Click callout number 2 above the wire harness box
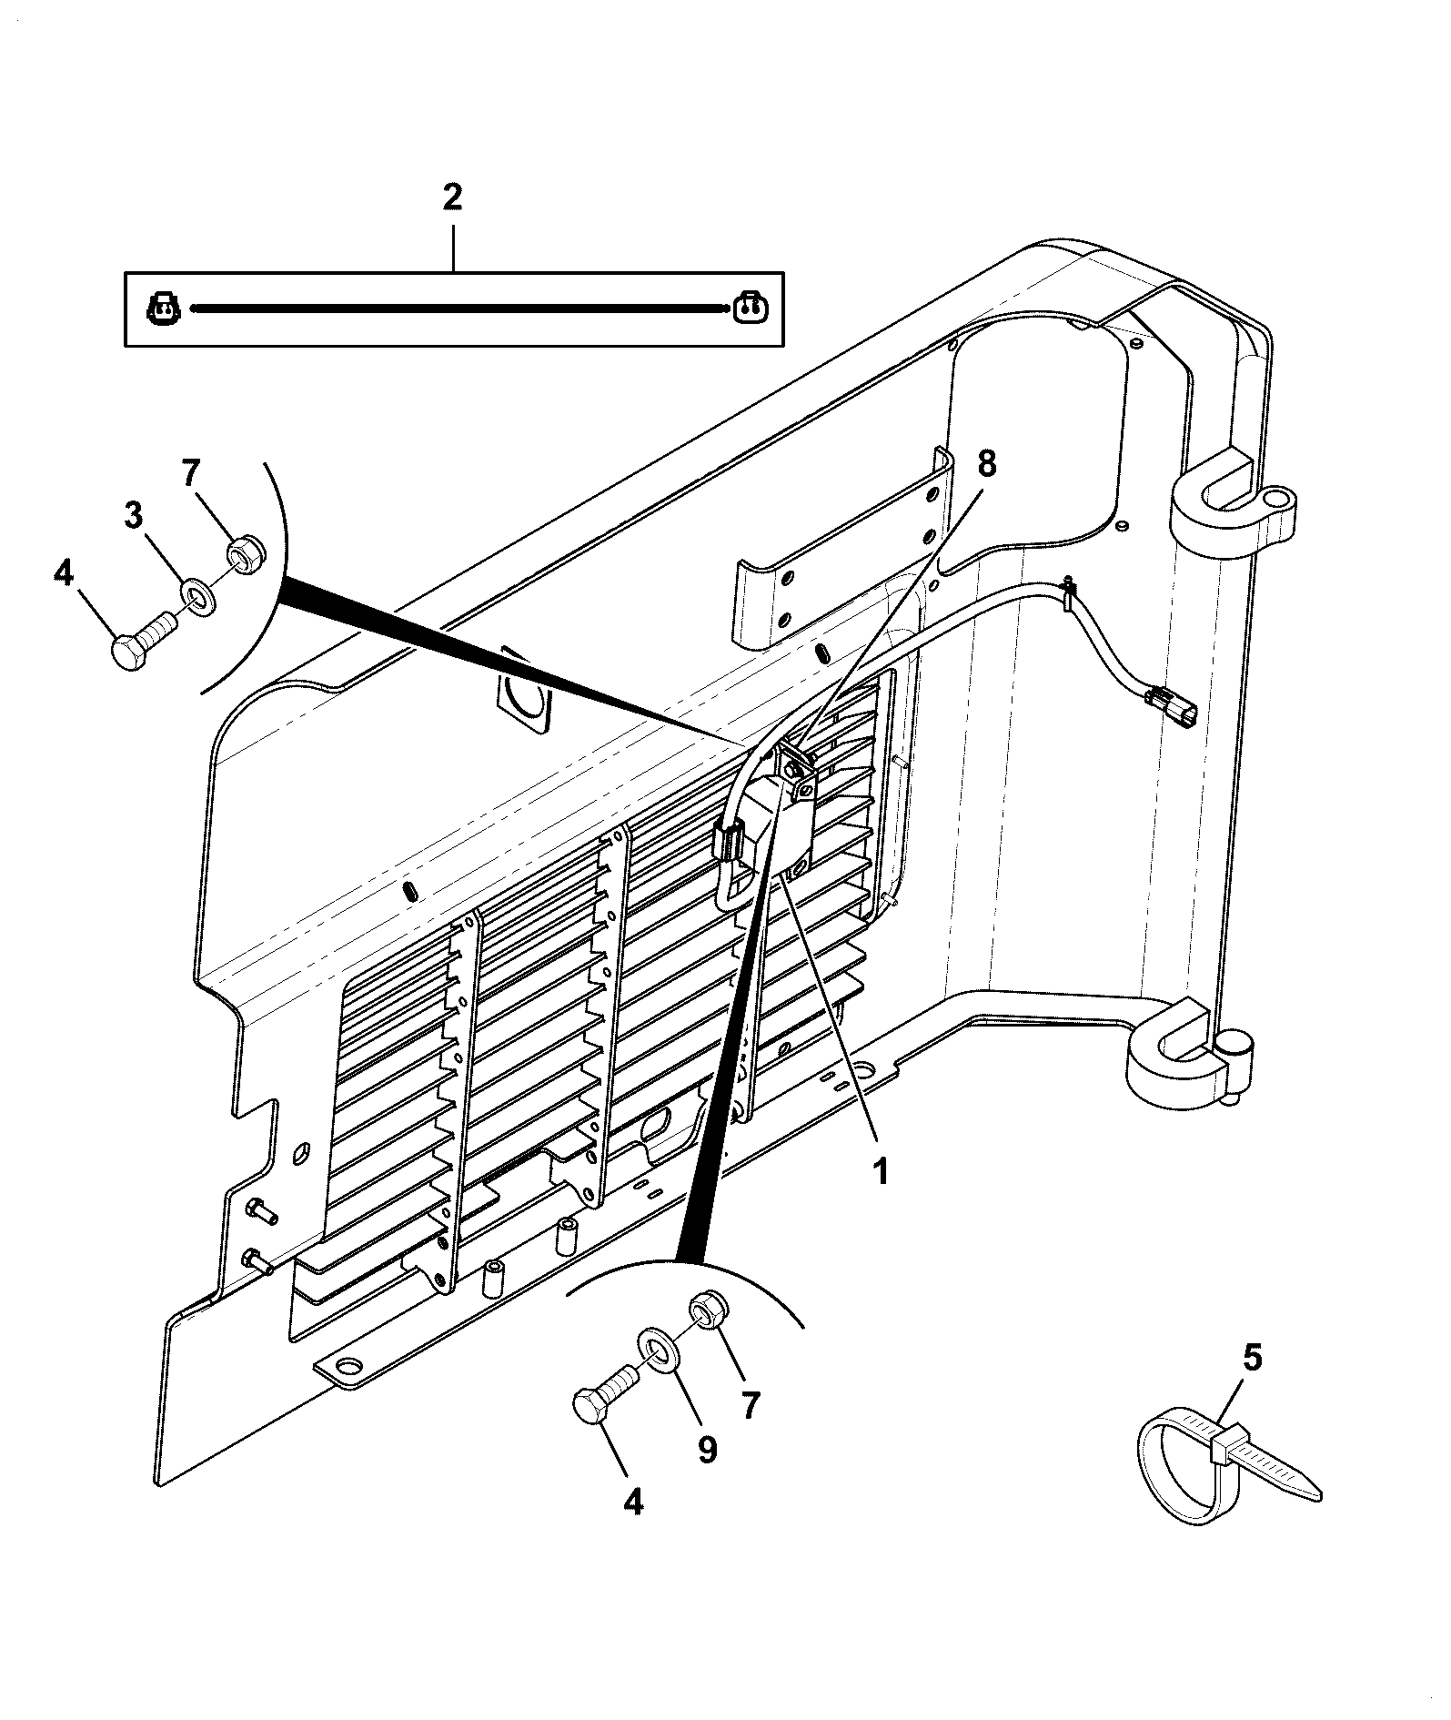pos(452,197)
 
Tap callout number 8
pos(986,464)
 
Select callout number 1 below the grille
pos(879,1172)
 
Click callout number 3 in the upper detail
pos(134,517)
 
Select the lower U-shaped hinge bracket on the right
pos(1188,1051)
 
